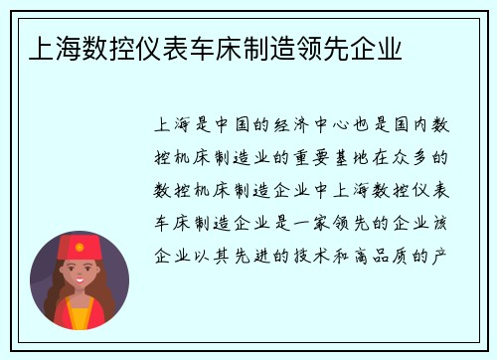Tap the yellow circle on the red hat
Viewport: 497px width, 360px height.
click(x=80, y=240)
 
